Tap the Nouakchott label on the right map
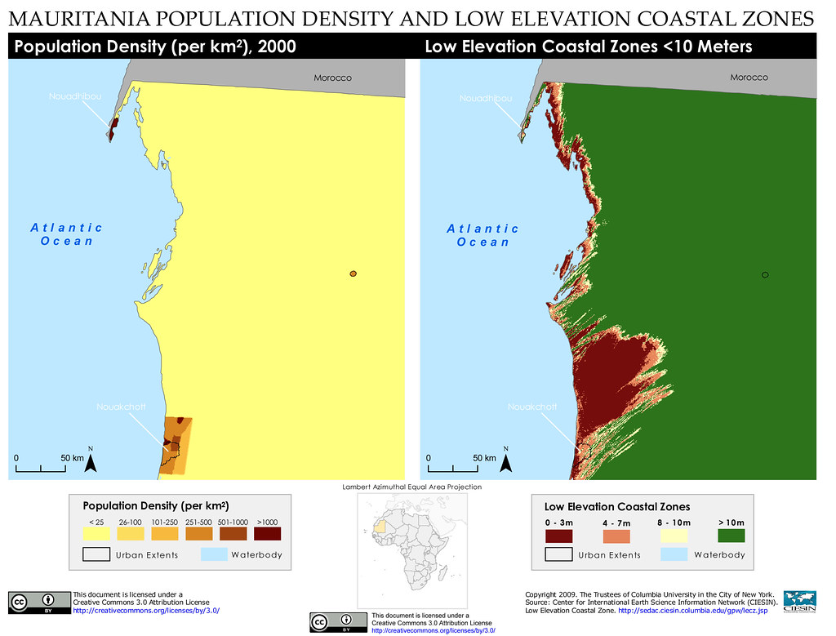[x=532, y=407]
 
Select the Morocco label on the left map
[x=332, y=78]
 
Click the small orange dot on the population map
[x=353, y=274]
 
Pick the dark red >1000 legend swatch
[x=267, y=534]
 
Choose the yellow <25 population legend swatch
[x=96, y=534]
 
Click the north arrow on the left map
[x=91, y=463]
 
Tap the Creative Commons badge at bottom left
[x=38, y=603]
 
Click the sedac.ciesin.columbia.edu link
[x=692, y=610]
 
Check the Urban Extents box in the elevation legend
[x=558, y=555]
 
